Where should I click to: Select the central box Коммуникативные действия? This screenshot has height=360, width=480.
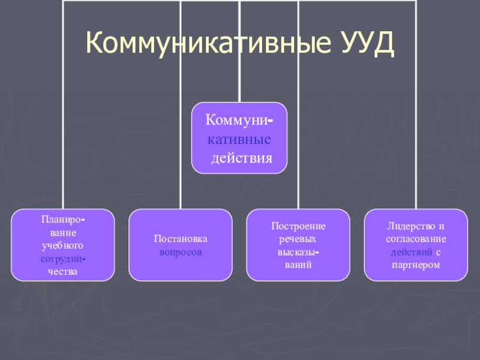pyautogui.click(x=239, y=138)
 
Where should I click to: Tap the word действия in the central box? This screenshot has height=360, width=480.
pyautogui.click(x=243, y=158)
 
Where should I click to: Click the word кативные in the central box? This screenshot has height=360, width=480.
pyautogui.click(x=239, y=139)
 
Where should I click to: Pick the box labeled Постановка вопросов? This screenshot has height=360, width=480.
pyautogui.click(x=181, y=245)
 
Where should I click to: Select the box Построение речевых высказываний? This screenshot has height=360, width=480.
pyautogui.click(x=298, y=245)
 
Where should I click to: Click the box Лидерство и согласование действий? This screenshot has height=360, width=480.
pyautogui.click(x=416, y=245)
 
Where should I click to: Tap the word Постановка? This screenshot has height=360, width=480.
pyautogui.click(x=181, y=239)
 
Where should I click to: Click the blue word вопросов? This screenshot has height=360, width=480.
pyautogui.click(x=181, y=252)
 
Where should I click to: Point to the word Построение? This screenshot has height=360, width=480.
pyautogui.click(x=298, y=226)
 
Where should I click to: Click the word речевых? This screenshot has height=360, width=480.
pyautogui.click(x=298, y=239)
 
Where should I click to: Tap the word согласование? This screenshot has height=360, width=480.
pyautogui.click(x=416, y=239)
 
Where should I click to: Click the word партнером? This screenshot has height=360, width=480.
pyautogui.click(x=416, y=265)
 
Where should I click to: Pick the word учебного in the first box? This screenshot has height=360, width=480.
pyautogui.click(x=62, y=245)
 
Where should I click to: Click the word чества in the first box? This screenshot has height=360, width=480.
pyautogui.click(x=62, y=271)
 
